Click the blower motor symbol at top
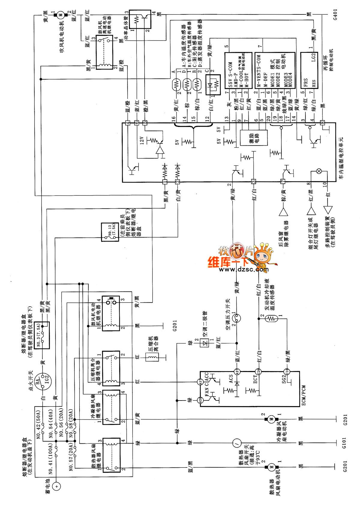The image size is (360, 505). [61, 14]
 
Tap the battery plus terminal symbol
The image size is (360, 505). [56, 486]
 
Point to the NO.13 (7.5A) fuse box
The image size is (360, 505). [110, 232]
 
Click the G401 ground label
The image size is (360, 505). [335, 14]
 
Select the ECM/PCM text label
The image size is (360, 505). [304, 395]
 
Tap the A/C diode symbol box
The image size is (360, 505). [205, 343]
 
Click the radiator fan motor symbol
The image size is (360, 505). [271, 467]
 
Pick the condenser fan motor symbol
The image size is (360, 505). [271, 419]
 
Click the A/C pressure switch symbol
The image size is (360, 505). [237, 318]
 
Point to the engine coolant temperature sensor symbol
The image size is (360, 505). [271, 319]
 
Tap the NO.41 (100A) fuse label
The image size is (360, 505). [50, 459]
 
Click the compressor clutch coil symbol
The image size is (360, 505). [152, 357]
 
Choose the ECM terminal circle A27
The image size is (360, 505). [237, 371]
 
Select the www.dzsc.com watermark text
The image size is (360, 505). [244, 270]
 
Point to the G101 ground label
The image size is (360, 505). [344, 443]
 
